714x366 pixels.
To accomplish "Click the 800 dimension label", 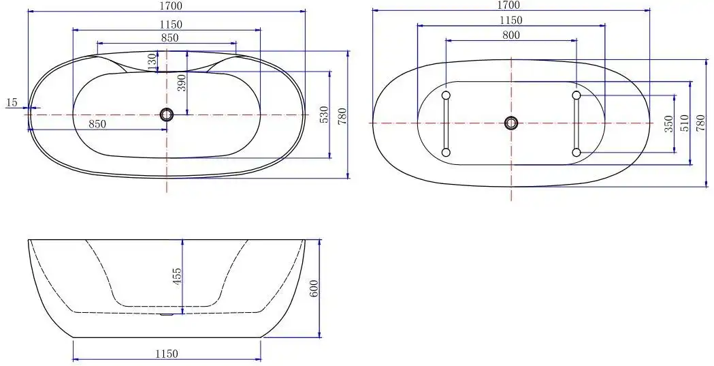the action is [511, 35].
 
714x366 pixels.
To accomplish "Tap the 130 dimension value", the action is [152, 62].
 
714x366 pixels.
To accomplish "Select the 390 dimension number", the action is [182, 83].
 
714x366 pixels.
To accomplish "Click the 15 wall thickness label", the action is [12, 102].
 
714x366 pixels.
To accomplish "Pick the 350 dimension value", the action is [668, 123].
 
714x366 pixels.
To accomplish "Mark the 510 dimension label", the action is [685, 123].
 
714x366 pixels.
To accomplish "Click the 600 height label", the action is [314, 288].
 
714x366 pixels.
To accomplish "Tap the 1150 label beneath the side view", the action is [167, 354].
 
